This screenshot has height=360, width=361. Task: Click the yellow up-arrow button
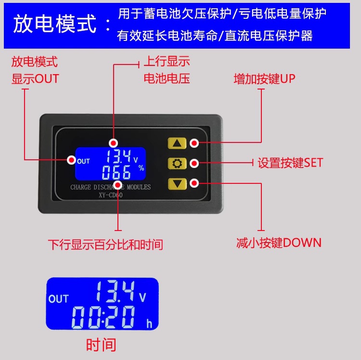pyautogui.click(x=177, y=143)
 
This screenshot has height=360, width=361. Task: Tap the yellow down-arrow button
pyautogui.click(x=177, y=183)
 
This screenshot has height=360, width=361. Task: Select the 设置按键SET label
pyautogui.click(x=290, y=163)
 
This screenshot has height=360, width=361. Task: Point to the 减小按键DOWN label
pyautogui.click(x=279, y=243)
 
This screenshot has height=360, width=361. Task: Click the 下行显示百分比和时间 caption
pyautogui.click(x=105, y=244)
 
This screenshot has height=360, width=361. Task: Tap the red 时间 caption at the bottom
pyautogui.click(x=101, y=345)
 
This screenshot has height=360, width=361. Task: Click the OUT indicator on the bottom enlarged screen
pyautogui.click(x=59, y=299)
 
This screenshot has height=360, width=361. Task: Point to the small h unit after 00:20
pyautogui.click(x=149, y=324)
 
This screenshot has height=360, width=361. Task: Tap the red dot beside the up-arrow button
pyautogui.click(x=194, y=143)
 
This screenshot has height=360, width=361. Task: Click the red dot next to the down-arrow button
pyautogui.click(x=194, y=183)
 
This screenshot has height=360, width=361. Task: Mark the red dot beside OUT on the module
pyautogui.click(x=72, y=160)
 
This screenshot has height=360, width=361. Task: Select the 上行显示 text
pyautogui.click(x=167, y=62)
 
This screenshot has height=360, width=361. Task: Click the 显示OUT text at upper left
pyautogui.click(x=35, y=79)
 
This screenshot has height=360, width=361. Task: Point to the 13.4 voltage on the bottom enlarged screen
pyautogui.click(x=114, y=291)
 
